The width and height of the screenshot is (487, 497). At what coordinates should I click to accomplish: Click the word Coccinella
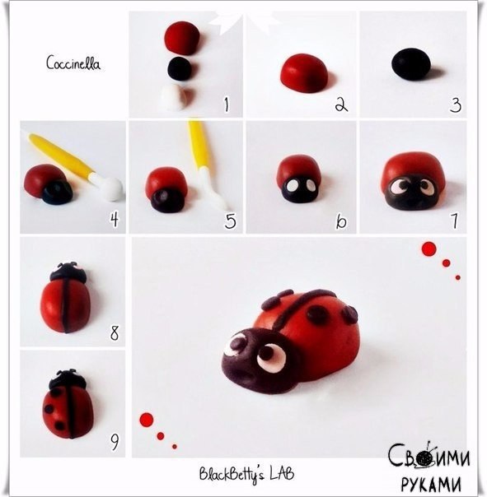pos(73,63)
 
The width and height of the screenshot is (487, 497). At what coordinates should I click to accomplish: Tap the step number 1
pos(227,105)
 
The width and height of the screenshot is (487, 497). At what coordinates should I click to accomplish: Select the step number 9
pos(115,442)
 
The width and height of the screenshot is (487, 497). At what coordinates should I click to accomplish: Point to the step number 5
pos(231,221)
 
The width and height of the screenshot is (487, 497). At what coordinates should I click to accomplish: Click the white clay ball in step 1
pos(176,97)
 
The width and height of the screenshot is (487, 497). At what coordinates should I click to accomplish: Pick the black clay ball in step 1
pos(180,69)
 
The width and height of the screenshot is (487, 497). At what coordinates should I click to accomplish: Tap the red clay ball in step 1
pos(182,38)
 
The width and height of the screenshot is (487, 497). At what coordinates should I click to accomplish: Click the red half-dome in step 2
pos(304,73)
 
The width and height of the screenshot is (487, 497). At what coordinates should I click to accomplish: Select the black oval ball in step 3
pos(411,64)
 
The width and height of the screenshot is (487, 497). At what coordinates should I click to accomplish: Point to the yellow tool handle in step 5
pos(199,143)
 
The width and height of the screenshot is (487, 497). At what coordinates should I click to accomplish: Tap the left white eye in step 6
pos(291,186)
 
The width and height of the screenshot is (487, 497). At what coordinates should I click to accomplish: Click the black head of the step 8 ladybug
pos(68,272)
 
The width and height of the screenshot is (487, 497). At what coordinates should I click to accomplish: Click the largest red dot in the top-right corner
pos(428,248)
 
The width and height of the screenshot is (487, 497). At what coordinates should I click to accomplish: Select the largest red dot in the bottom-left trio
pos(147,420)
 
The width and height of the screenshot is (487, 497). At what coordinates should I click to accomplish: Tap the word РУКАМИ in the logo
pos(431,484)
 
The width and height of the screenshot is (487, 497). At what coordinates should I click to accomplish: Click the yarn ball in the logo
pos(424,458)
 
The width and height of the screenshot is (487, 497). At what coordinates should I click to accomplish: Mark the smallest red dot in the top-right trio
pos(458,277)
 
